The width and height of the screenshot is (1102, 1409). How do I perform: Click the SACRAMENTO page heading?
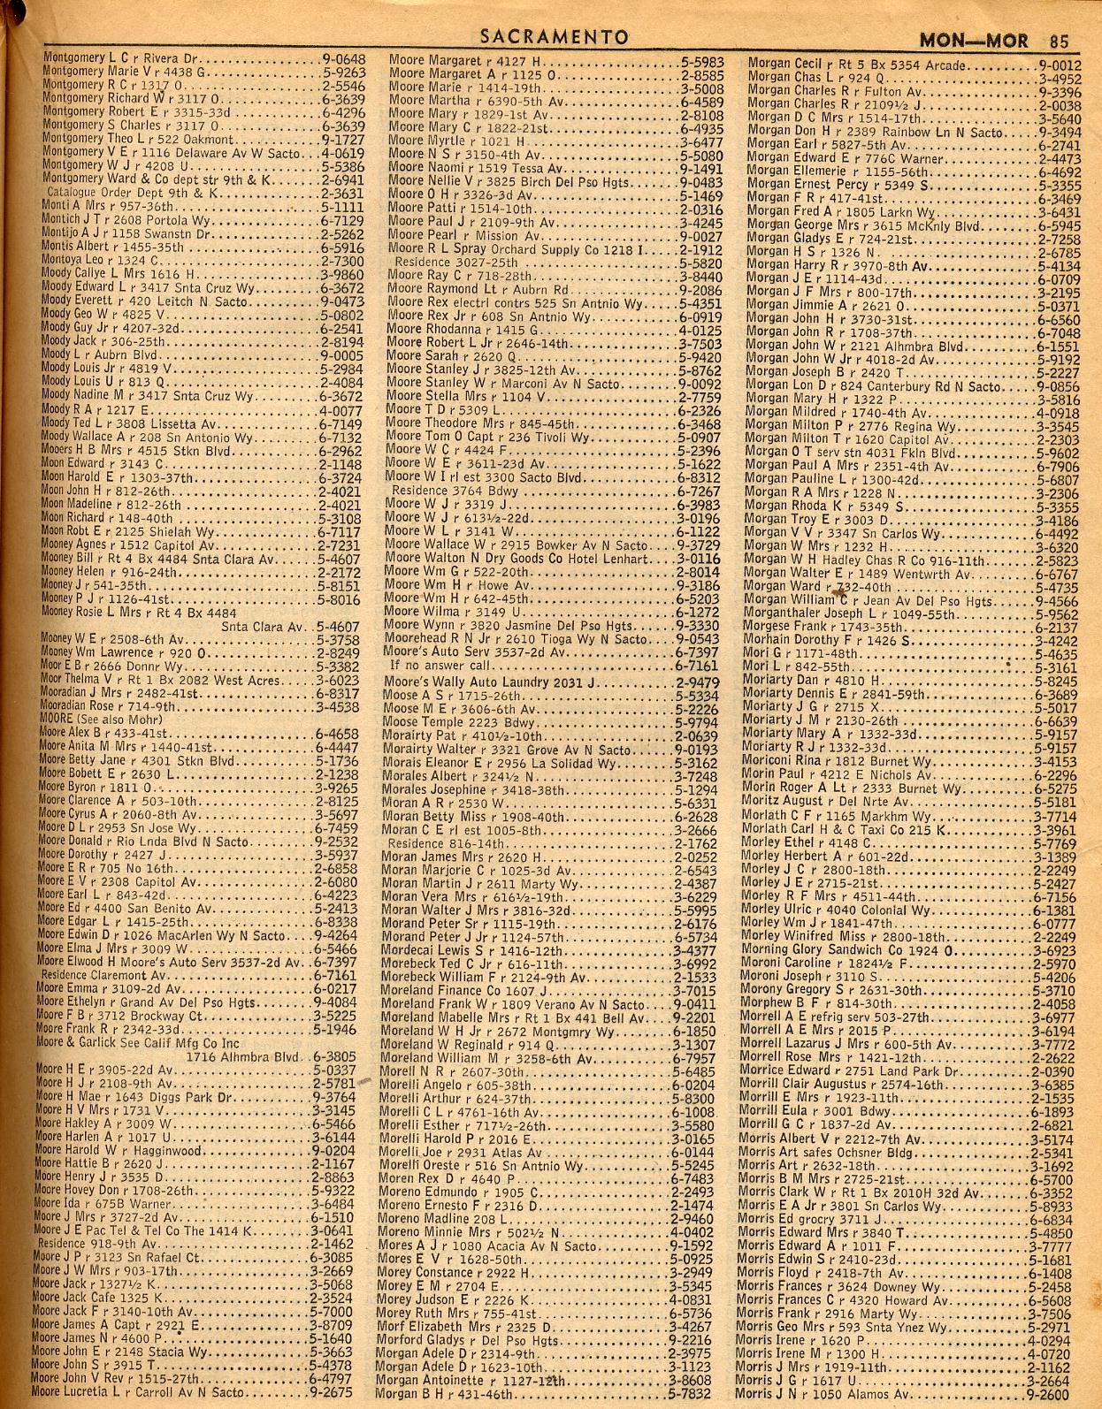tap(555, 36)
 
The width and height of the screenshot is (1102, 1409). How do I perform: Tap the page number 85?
tap(1060, 40)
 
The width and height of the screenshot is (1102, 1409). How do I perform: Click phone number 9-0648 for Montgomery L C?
tap(344, 60)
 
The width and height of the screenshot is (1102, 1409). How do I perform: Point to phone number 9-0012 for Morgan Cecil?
tap(1060, 65)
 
